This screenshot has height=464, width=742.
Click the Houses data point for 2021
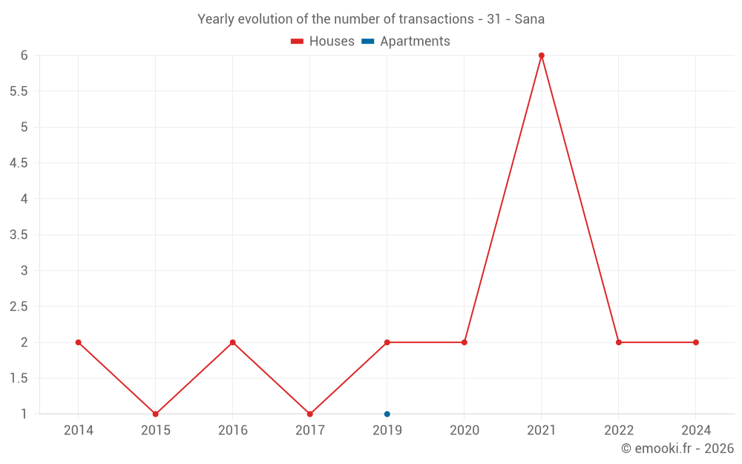[x=542, y=56]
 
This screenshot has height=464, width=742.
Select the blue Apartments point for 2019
[x=387, y=414]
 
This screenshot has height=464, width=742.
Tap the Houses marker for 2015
[x=156, y=414]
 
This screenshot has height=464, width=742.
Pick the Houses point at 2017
[x=310, y=414]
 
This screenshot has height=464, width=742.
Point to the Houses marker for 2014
[x=79, y=342]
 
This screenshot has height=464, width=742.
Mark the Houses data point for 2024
[x=696, y=342]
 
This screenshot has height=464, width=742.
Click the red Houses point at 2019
[x=387, y=342]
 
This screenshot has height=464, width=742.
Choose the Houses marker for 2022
[x=619, y=342]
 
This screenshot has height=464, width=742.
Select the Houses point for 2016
[x=233, y=342]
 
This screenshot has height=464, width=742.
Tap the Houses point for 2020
[x=464, y=342]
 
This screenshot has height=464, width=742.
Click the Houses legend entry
[x=323, y=42]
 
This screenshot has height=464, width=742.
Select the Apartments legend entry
[x=406, y=42]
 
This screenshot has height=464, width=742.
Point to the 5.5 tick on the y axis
[x=19, y=91]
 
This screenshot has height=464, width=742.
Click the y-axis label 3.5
[x=19, y=235]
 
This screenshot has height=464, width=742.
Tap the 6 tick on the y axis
[x=24, y=56]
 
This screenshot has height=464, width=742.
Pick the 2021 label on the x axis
[x=542, y=431]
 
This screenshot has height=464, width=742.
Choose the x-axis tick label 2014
[x=79, y=431]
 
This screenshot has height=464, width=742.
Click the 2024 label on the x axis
[x=696, y=431]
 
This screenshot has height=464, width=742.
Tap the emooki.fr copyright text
[x=677, y=448]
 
